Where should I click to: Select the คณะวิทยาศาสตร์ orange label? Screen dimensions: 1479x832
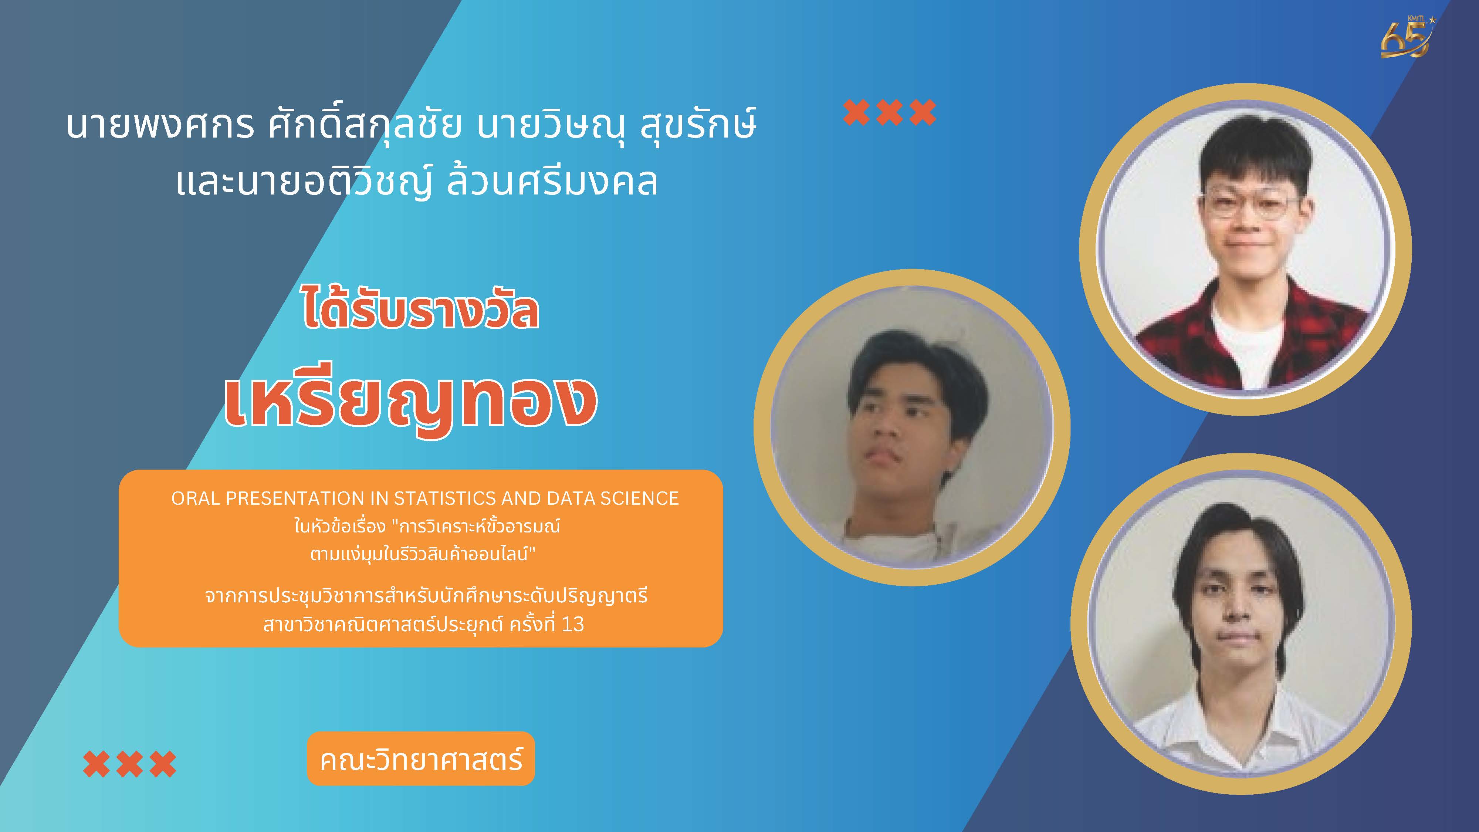[x=421, y=758]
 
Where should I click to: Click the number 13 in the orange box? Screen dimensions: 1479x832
[x=572, y=624]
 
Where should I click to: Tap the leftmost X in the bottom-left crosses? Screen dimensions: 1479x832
[x=97, y=764]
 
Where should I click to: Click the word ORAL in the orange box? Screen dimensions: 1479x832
[x=196, y=498]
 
